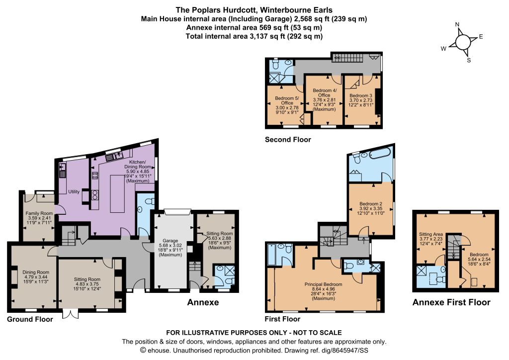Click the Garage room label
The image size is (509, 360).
click(170, 241)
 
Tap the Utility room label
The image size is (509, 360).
click(74, 191)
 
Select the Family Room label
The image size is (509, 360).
click(39, 213)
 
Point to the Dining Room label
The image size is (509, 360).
click(36, 272)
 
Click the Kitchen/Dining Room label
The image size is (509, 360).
click(138, 164)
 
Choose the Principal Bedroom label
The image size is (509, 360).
click(323, 284)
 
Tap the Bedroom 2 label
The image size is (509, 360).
click(371, 204)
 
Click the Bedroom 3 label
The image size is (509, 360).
click(361, 96)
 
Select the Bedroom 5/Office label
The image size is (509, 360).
click(287, 100)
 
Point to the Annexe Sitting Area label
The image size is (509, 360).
click(431, 234)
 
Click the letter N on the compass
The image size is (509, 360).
click(457, 24)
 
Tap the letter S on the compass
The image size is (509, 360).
click(469, 60)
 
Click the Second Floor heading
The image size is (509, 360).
click(288, 140)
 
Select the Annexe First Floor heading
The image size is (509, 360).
click(451, 302)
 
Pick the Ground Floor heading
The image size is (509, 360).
click(30, 319)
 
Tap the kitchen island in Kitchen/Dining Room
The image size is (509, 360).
click(117, 193)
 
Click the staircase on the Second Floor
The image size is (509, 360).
click(346, 58)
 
